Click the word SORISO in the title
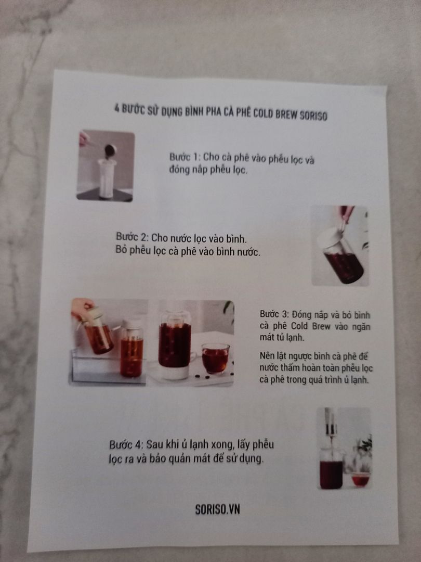[313, 116]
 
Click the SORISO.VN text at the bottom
[217, 509]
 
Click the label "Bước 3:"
[274, 314]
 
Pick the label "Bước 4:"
[126, 445]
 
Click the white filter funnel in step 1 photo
[107, 178]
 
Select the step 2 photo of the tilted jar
[340, 246]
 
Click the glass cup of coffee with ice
[215, 358]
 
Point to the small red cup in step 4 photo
[360, 480]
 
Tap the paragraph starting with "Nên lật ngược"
[316, 368]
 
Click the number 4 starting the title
[117, 108]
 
